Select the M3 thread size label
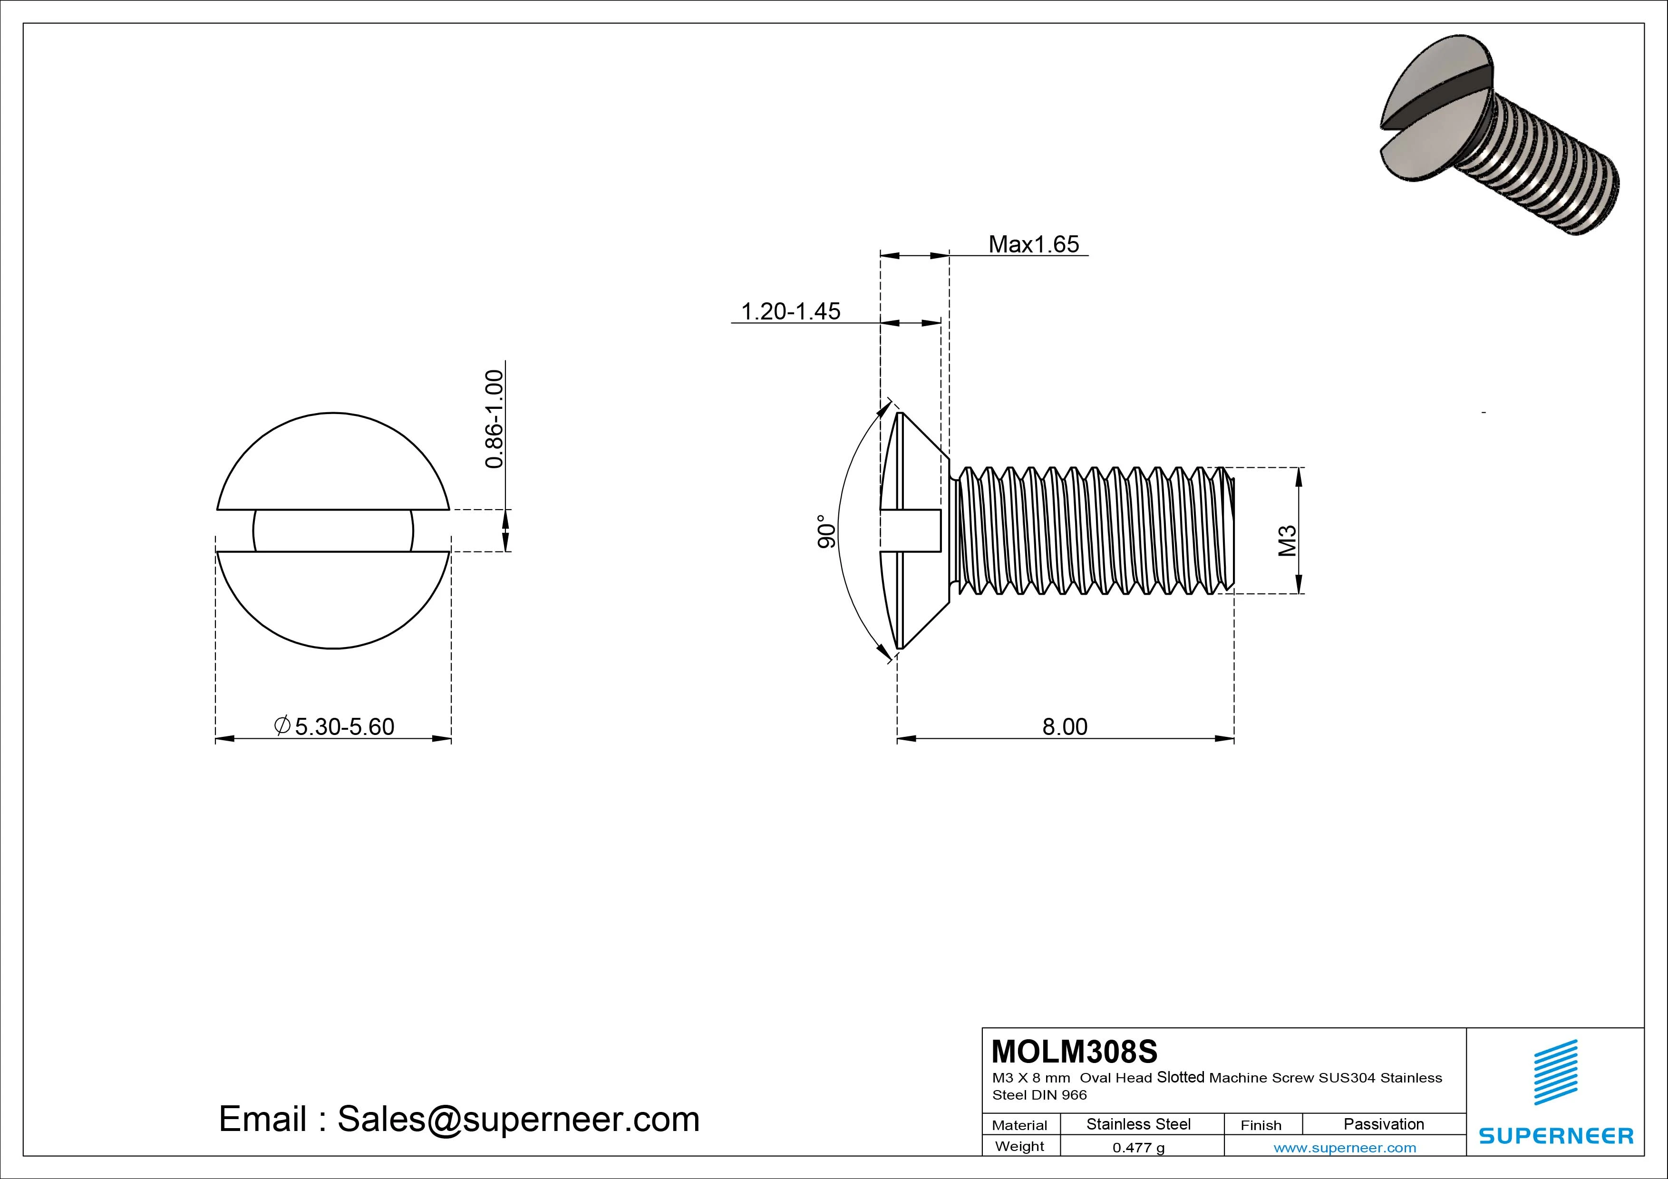1287,541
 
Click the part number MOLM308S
1074,1051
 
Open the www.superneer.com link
1344,1148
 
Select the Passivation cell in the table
1383,1124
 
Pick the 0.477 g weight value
1138,1148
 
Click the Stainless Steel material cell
1138,1124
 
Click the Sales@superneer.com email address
518,1119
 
